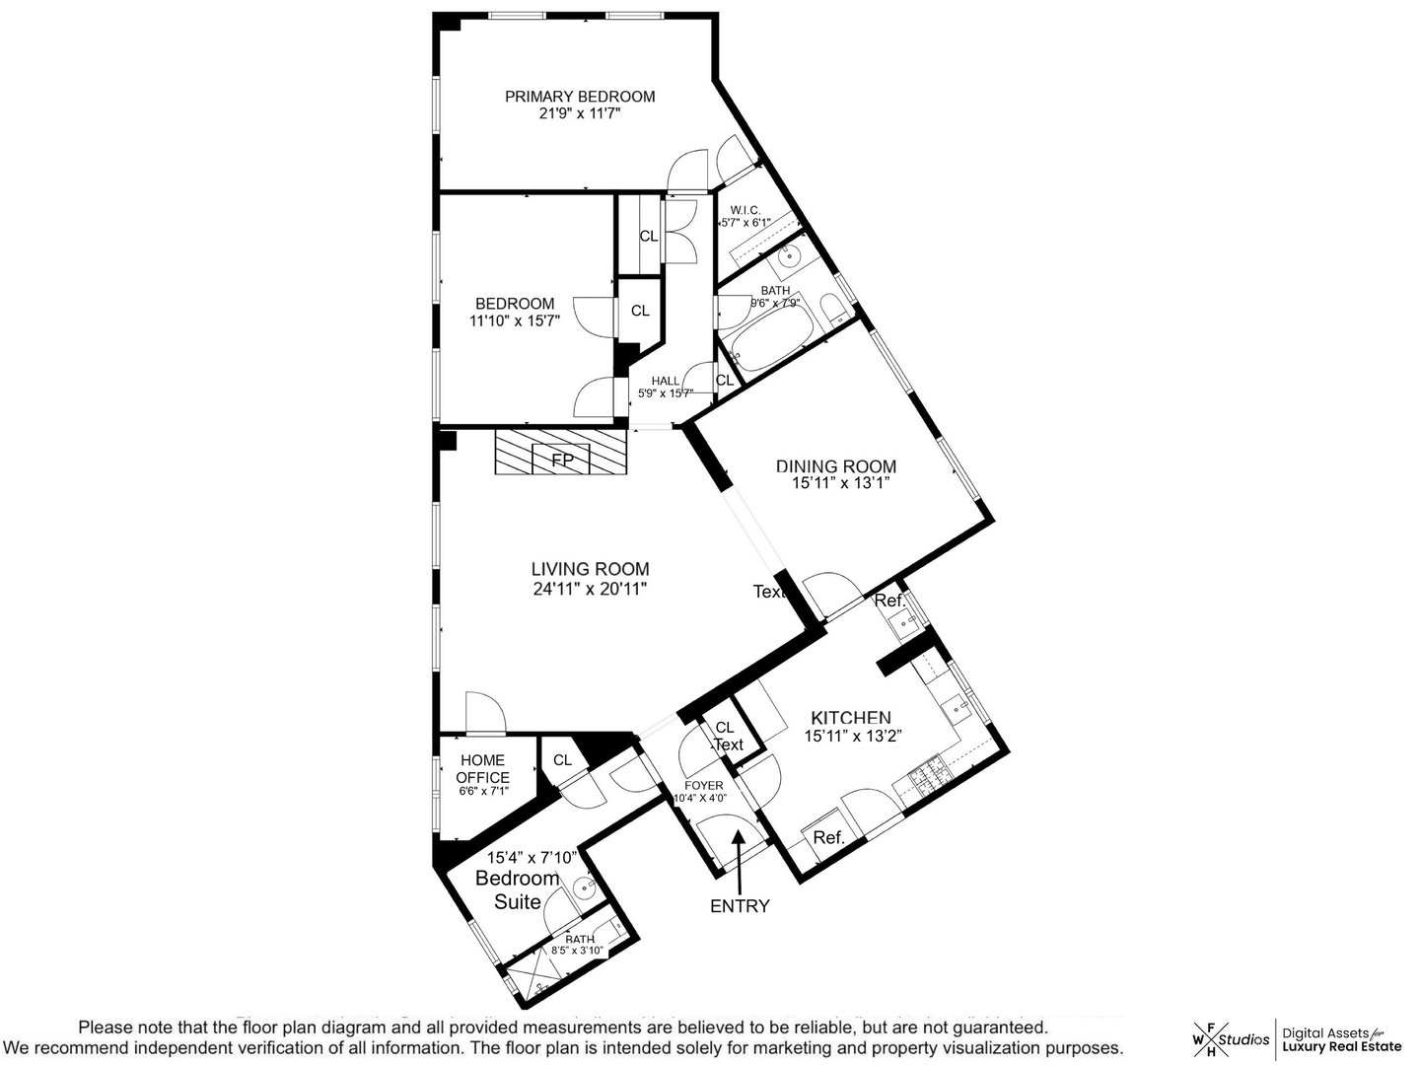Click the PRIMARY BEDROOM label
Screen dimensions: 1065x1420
(580, 97)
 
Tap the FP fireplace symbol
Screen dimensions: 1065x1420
(561, 460)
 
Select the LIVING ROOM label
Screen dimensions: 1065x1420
(590, 569)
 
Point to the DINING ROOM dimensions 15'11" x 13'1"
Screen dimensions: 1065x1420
(841, 484)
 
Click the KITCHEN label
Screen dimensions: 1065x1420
(850, 718)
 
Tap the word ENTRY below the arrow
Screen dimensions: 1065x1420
(740, 906)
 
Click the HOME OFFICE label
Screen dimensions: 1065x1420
(482, 769)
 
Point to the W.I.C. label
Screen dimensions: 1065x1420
(745, 210)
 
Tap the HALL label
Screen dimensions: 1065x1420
(666, 382)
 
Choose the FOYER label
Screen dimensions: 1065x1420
(704, 785)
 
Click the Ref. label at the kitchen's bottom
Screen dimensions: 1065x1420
(829, 838)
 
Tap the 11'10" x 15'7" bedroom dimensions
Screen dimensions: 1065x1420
(515, 320)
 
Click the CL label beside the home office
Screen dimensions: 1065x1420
(562, 760)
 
